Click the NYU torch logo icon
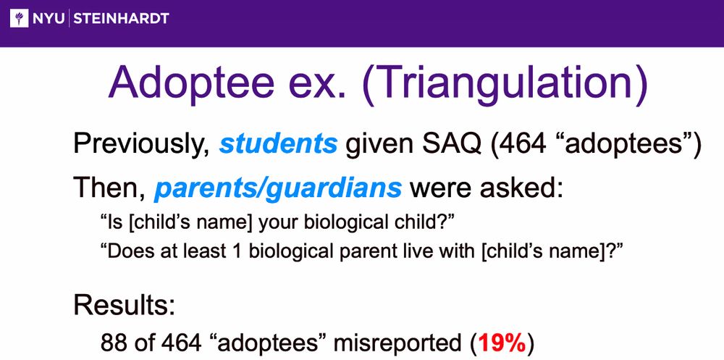click(x=19, y=18)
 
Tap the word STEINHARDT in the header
click(x=122, y=19)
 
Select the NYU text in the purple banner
click(x=49, y=19)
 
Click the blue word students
click(x=279, y=144)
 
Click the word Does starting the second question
click(x=122, y=252)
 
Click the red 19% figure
click(x=502, y=343)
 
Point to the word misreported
click(x=396, y=344)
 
